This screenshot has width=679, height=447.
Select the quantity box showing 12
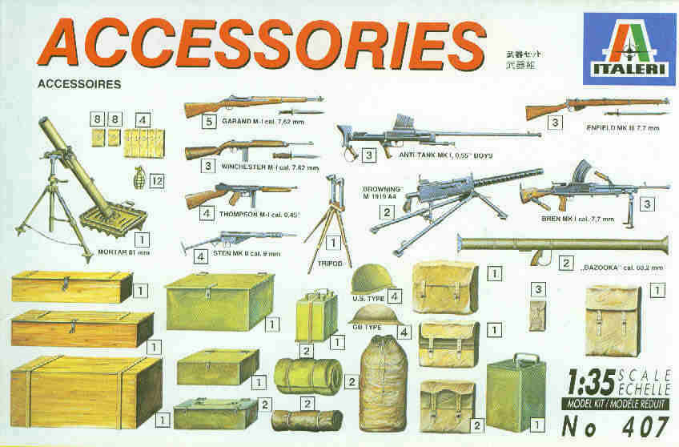click(x=157, y=182)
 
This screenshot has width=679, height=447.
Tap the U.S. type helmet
click(x=368, y=280)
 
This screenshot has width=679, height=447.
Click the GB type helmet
click(x=370, y=315)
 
